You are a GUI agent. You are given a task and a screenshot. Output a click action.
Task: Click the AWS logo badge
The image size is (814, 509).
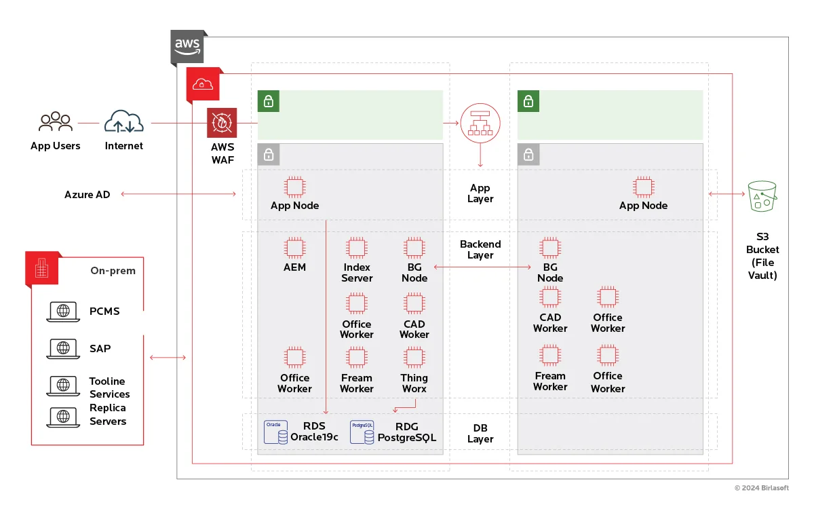pos(187,46)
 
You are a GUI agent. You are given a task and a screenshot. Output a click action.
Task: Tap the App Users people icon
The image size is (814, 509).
pos(56,122)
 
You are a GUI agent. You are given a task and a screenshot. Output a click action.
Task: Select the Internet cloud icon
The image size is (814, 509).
pos(124,122)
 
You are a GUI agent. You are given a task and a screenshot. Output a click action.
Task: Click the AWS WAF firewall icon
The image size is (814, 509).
pos(222,123)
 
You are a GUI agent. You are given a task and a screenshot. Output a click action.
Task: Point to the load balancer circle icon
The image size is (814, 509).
pos(480,123)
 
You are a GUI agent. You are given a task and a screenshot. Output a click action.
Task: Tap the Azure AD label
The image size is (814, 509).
pos(87,195)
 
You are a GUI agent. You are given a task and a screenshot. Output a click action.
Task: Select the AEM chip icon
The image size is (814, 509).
pos(294,247)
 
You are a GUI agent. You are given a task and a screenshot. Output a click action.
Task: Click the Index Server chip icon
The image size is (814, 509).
pos(357,247)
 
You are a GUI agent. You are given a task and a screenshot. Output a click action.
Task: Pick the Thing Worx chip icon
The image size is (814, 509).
pos(414,357)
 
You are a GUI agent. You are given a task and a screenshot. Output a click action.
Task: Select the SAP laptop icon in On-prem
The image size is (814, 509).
pos(63,349)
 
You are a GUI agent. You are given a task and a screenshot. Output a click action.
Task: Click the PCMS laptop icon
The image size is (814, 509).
pos(63,312)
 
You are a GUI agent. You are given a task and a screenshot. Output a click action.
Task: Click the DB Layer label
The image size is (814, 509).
pos(480,434)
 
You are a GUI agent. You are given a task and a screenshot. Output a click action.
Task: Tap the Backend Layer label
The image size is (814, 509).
pos(480,249)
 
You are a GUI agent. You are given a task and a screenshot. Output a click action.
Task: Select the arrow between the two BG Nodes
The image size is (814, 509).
pos(482,267)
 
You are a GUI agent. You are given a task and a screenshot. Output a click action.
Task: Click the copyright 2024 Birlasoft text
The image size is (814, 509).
pos(762,488)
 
